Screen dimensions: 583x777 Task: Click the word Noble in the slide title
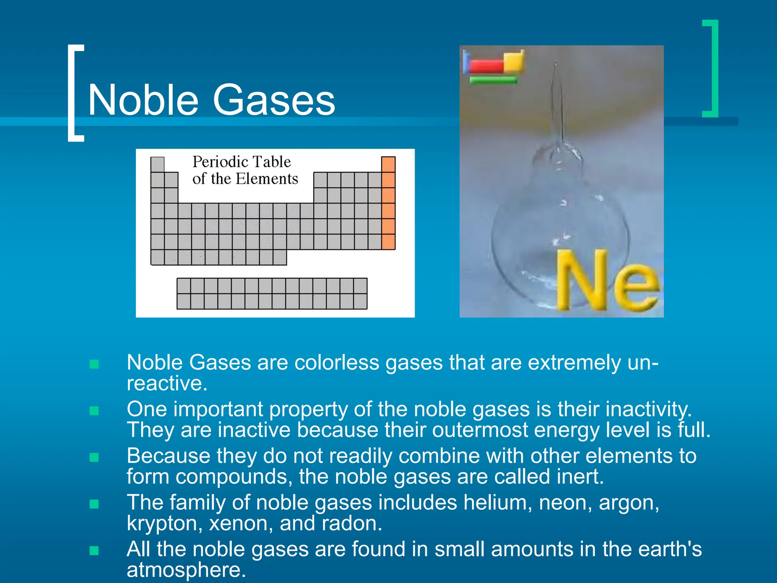[143, 100]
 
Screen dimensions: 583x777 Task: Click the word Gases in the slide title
[274, 100]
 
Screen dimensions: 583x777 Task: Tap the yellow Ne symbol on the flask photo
[607, 281]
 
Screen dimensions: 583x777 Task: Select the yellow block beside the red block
[514, 61]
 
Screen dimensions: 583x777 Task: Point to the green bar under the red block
[493, 80]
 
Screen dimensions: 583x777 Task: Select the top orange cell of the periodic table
[388, 164]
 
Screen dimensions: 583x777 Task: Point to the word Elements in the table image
[267, 179]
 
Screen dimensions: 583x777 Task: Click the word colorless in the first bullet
[337, 362]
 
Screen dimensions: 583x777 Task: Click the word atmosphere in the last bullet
[186, 570]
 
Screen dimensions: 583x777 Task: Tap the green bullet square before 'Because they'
[94, 457]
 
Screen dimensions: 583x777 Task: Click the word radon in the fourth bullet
[351, 523]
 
